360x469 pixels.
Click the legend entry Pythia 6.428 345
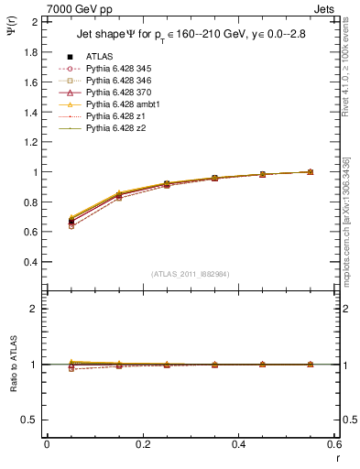[x=115, y=68]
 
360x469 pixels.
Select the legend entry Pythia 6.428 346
[x=115, y=80]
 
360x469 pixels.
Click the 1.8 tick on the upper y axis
[x=31, y=52]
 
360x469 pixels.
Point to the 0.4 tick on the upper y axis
[x=31, y=262]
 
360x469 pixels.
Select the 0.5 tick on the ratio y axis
[x=31, y=420]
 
